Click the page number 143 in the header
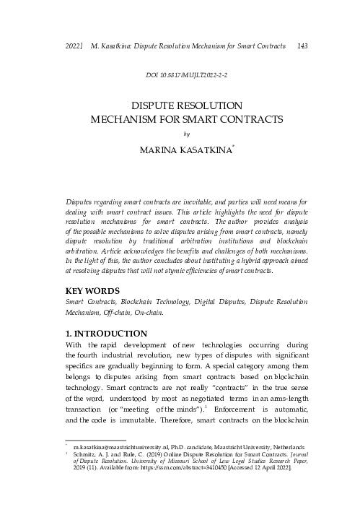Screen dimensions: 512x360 click(x=302, y=45)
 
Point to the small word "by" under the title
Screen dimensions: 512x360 click(x=186, y=133)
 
